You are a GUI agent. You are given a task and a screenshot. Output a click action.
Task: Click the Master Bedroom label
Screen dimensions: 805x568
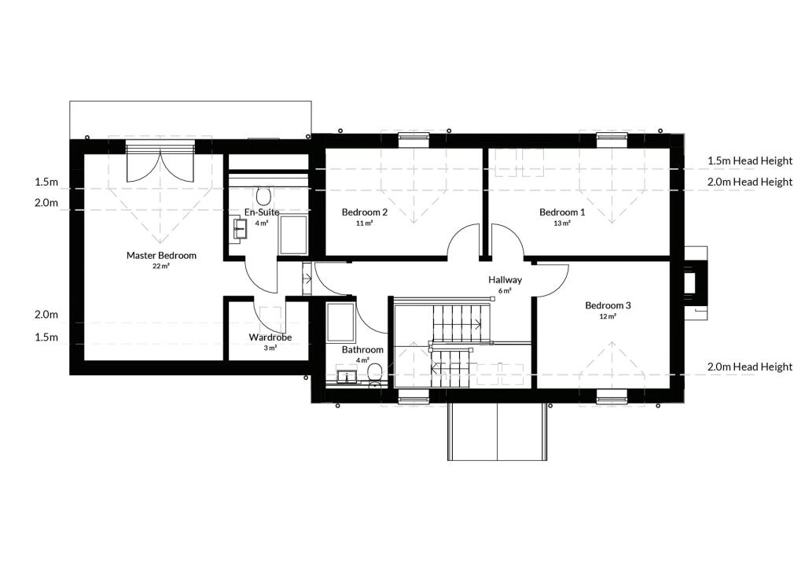click(161, 255)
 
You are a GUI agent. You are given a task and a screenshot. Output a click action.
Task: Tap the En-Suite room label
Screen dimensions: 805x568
click(262, 212)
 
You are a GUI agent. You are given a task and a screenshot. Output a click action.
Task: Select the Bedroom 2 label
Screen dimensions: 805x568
click(365, 212)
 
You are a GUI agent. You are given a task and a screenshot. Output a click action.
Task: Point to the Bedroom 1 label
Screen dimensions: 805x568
click(562, 212)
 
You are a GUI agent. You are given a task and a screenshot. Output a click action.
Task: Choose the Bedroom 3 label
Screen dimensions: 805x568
click(608, 305)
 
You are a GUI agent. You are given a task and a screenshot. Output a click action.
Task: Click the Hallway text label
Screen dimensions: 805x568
click(505, 280)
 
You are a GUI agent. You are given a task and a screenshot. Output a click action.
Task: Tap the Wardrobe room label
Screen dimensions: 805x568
click(270, 337)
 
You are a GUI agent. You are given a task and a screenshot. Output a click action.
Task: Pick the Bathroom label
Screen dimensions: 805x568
click(362, 350)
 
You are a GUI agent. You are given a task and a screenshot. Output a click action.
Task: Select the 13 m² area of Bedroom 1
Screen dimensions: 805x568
click(562, 223)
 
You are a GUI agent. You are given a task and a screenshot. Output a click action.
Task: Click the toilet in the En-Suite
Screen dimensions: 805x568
click(264, 196)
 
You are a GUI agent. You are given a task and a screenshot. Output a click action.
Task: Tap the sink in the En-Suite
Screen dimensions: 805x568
click(240, 229)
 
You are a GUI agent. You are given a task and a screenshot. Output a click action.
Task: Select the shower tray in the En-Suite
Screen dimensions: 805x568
click(293, 234)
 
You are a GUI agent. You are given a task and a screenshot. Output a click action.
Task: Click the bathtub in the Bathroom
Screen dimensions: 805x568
click(340, 323)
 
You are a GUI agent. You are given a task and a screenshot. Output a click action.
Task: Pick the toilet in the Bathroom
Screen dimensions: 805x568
click(375, 374)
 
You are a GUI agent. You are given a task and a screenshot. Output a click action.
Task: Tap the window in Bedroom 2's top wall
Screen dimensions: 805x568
click(414, 137)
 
